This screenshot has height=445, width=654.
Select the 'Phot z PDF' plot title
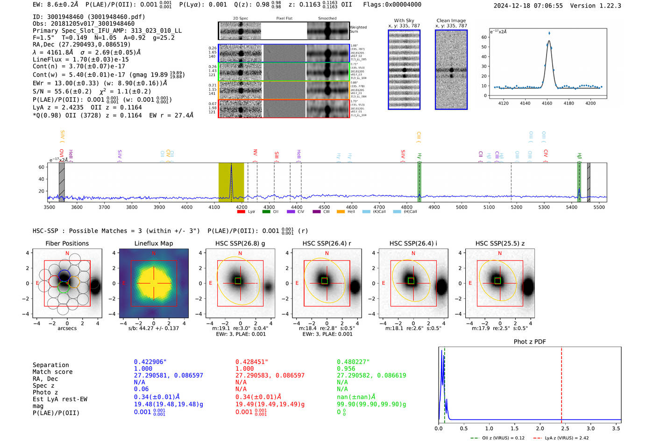point(530,341)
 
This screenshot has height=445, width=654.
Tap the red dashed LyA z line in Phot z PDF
point(562,383)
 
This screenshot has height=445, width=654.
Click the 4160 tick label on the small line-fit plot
point(547,103)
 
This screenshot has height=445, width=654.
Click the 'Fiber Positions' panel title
point(67,243)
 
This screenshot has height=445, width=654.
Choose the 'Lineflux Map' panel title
point(153,243)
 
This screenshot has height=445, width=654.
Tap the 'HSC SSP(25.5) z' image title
point(500,243)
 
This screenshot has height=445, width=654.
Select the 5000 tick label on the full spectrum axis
point(462,207)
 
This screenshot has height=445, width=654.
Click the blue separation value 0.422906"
point(150,362)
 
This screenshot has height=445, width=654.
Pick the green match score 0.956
point(346,368)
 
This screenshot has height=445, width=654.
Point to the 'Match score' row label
point(52,372)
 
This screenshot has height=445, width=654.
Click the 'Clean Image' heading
point(451,21)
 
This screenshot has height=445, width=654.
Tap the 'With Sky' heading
point(404,21)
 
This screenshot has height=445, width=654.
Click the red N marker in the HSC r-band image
point(327,254)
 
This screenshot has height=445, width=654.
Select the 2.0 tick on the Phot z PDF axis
point(540,428)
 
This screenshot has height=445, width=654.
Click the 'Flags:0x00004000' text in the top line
point(392,5)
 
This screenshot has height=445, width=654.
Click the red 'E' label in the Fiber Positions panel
point(37,283)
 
